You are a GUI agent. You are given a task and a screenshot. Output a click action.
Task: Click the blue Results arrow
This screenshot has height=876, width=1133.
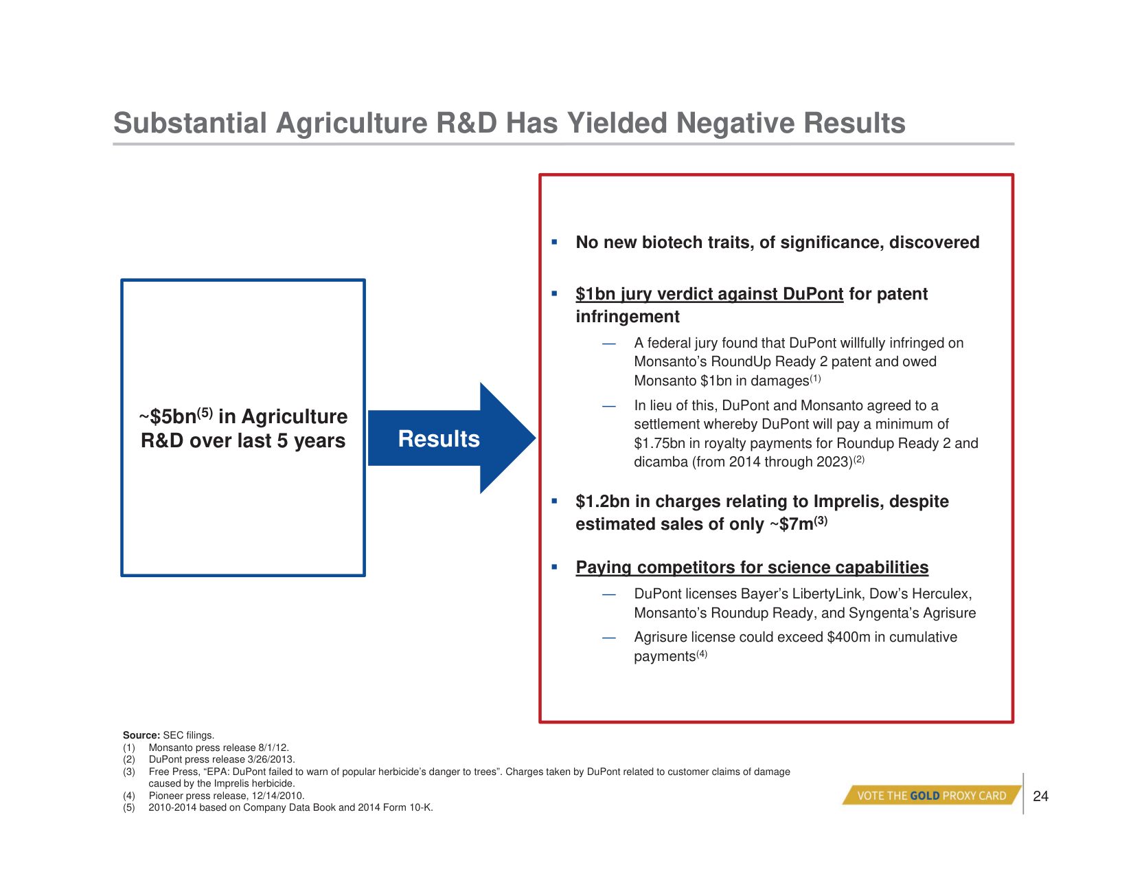coord(452,438)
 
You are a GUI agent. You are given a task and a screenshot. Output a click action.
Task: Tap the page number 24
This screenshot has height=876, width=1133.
coord(1040,796)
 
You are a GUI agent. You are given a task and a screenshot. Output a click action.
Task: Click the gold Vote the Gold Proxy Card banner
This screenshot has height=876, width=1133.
coord(932,795)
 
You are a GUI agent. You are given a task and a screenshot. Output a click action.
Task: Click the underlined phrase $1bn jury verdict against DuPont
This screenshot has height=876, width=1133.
coord(709,294)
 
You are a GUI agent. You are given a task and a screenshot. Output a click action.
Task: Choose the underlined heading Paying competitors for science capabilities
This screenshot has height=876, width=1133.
coord(752,567)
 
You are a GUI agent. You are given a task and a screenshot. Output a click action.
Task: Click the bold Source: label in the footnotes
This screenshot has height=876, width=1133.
coord(141,735)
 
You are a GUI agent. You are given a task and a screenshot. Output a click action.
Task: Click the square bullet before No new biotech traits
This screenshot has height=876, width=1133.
coord(554,242)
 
